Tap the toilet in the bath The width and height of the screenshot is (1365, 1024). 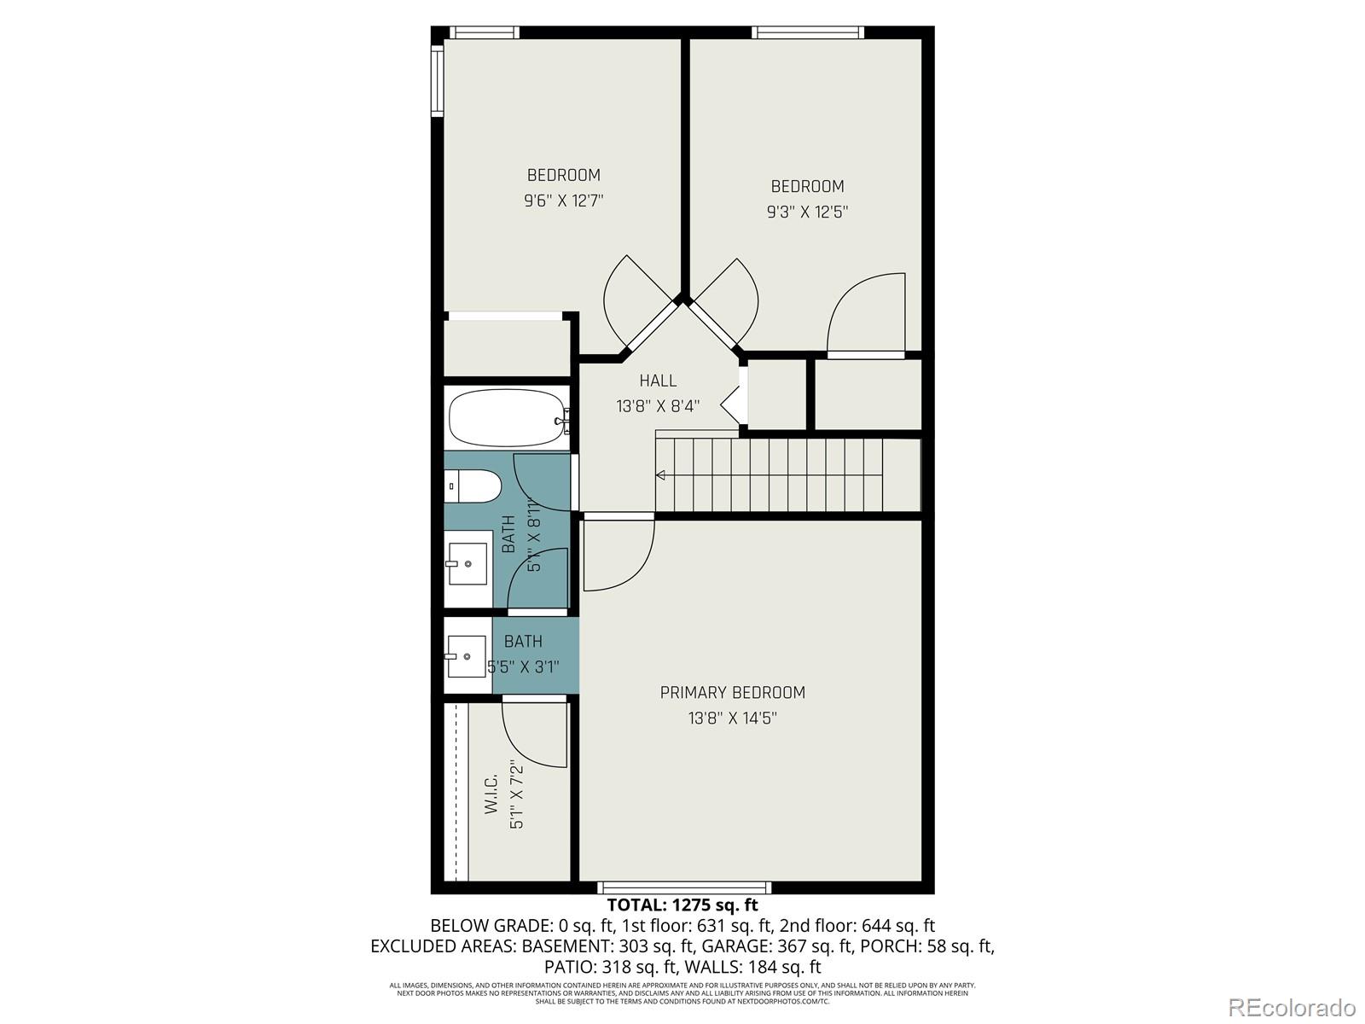pos(473,486)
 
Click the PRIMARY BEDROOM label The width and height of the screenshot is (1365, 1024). pos(732,692)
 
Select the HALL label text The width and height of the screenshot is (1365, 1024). pos(658,381)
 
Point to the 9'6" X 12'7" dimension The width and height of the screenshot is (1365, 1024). pos(564,201)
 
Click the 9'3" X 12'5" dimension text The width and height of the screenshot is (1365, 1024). pos(807,212)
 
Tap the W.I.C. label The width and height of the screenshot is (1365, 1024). pos(491,794)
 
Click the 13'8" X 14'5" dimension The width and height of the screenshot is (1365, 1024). pos(732,719)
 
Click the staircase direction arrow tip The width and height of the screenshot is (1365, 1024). pos(658,475)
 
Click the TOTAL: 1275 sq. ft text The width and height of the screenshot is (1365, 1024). pos(682,905)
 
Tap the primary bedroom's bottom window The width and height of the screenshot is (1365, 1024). pos(684,887)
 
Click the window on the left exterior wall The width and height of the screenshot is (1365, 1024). pos(437,81)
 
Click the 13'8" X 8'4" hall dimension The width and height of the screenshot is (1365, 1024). pos(658,406)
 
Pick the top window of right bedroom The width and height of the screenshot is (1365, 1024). pos(807,32)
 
